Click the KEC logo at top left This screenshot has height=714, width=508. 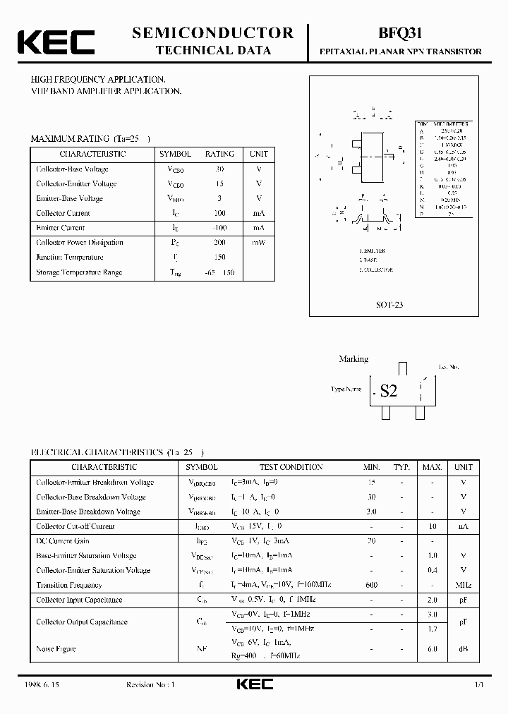(x=56, y=42)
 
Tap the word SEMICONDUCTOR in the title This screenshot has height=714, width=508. (x=212, y=32)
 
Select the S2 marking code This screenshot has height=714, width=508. (x=389, y=391)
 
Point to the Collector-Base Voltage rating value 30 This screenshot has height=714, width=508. (x=219, y=169)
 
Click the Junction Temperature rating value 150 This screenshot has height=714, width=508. (x=219, y=258)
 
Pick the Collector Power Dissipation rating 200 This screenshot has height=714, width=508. (x=219, y=243)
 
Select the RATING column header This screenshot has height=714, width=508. (x=219, y=154)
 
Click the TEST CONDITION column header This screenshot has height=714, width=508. (x=291, y=467)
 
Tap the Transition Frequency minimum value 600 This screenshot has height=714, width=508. (x=372, y=585)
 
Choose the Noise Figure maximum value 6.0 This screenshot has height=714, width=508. (x=433, y=648)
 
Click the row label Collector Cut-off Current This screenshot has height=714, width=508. (x=75, y=526)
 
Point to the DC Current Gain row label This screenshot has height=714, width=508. (x=64, y=541)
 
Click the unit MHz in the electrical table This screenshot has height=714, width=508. (x=464, y=585)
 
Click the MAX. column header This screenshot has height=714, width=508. (x=433, y=467)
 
